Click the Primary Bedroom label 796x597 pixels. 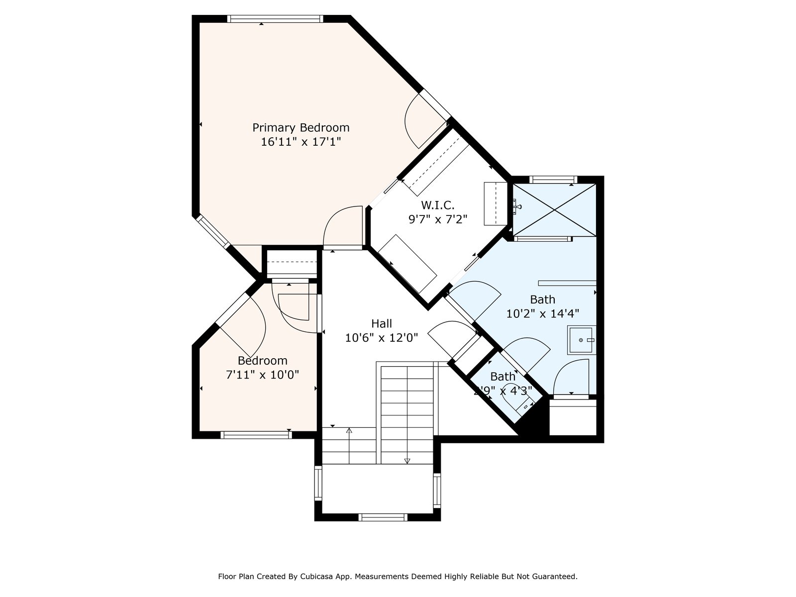(x=300, y=128)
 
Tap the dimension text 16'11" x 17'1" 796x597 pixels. (x=300, y=142)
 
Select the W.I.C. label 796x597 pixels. (x=437, y=205)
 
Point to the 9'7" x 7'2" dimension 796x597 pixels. (x=438, y=219)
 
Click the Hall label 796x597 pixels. (x=382, y=323)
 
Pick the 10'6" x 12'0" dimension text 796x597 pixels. (x=382, y=338)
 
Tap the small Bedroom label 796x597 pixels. (x=262, y=361)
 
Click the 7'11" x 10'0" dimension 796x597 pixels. (x=262, y=375)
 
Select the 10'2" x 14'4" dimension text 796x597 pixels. (x=542, y=313)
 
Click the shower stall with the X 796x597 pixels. (x=555, y=210)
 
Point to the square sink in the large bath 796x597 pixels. (x=581, y=340)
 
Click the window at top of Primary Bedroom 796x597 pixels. (x=275, y=19)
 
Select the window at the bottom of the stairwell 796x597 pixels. (x=383, y=517)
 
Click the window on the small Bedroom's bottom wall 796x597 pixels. (x=256, y=435)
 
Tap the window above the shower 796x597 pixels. (x=553, y=180)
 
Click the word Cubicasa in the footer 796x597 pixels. (x=315, y=576)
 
